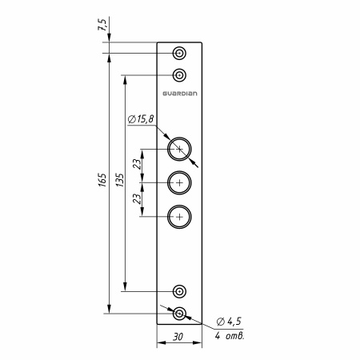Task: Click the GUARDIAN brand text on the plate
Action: click(180, 94)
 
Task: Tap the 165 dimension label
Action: click(103, 180)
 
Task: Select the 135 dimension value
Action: click(121, 180)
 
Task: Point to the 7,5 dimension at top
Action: click(103, 25)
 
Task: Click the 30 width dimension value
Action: click(178, 337)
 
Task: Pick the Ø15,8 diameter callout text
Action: click(141, 119)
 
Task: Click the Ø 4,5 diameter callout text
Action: click(229, 322)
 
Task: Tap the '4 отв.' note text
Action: click(230, 336)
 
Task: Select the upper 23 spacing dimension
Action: click(137, 164)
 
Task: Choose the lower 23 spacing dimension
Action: click(137, 198)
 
